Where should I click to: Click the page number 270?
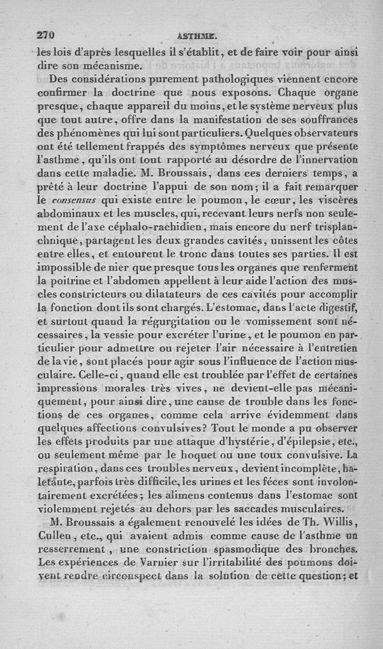coord(46,35)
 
